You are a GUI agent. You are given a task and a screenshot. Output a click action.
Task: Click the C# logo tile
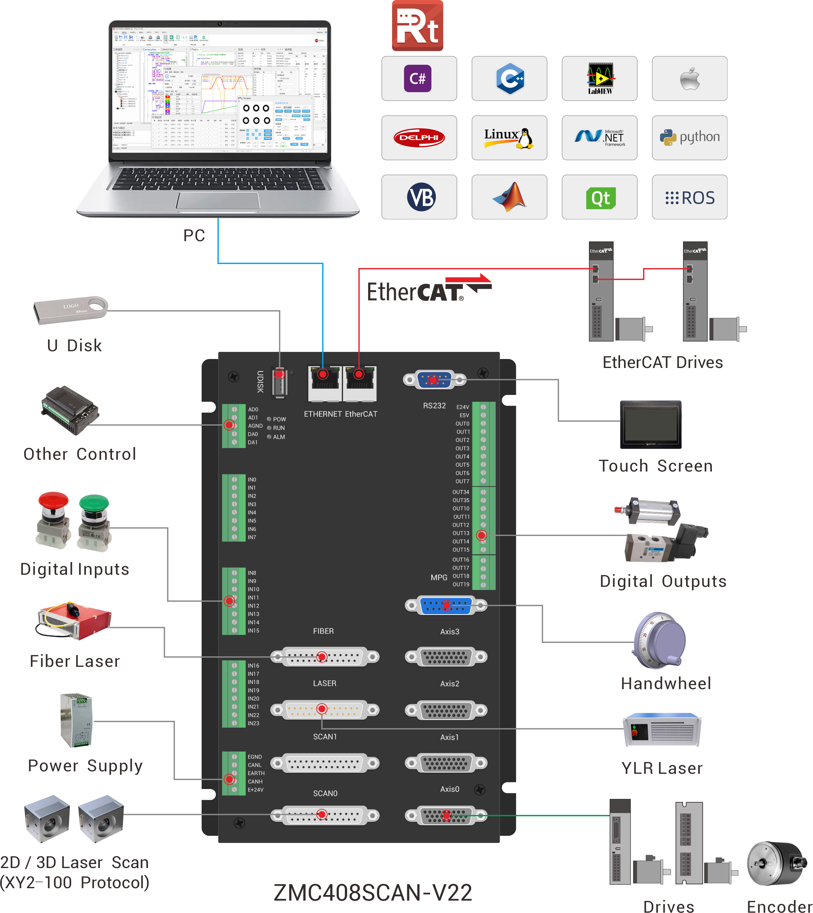(419, 79)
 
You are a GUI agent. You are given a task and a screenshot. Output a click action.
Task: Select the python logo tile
(689, 138)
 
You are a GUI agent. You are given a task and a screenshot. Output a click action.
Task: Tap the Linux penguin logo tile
(509, 138)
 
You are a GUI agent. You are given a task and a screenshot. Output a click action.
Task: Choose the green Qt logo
(600, 197)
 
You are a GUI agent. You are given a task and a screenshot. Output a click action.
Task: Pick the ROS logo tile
(689, 197)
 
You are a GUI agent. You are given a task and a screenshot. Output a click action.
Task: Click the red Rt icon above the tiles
(418, 26)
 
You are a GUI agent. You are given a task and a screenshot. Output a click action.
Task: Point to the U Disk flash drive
(71, 309)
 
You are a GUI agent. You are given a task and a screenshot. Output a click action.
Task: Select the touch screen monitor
(650, 424)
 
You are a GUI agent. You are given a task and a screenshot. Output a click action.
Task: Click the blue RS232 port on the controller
(434, 380)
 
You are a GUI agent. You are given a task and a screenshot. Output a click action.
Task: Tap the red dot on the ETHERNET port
(323, 374)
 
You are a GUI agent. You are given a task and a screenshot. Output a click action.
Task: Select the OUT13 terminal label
(461, 533)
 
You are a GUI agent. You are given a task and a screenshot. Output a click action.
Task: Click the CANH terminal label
(255, 782)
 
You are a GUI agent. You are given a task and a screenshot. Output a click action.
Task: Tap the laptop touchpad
(218, 201)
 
